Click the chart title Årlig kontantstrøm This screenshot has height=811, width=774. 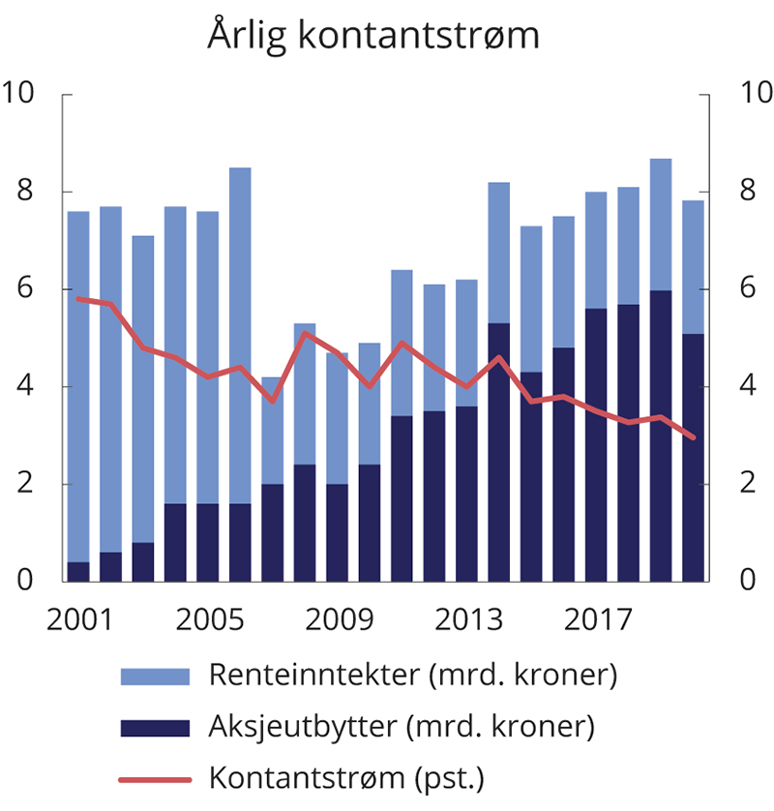[373, 36]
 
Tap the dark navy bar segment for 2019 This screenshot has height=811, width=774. [660, 436]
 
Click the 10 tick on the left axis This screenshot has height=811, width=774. [20, 94]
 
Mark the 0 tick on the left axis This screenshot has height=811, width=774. [26, 582]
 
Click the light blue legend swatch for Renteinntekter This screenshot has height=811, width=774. [153, 676]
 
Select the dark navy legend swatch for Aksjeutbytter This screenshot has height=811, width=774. [153, 727]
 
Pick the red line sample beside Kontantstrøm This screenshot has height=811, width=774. [153, 777]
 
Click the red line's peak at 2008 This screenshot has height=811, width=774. [305, 333]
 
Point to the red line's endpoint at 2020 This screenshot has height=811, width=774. [693, 437]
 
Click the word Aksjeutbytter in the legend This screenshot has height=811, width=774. [290, 726]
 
